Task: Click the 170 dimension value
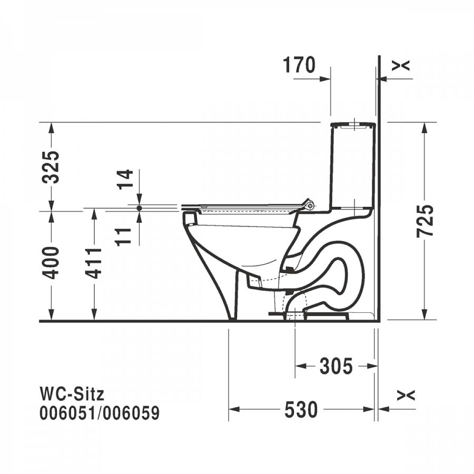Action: tap(299, 65)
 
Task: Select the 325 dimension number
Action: tap(51, 167)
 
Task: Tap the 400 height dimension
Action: tap(51, 263)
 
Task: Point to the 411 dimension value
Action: tap(93, 263)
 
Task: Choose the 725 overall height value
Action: tap(424, 221)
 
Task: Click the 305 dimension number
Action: tap(336, 366)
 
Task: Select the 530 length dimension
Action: tap(301, 410)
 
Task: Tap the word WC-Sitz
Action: tap(72, 394)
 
